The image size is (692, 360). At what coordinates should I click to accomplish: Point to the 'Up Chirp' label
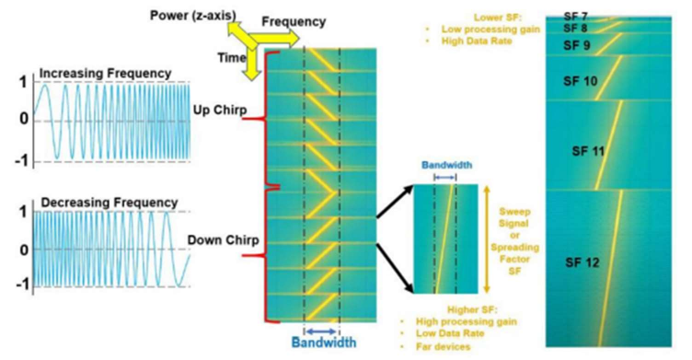point(214,111)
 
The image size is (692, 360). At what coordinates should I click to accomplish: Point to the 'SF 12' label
point(582,262)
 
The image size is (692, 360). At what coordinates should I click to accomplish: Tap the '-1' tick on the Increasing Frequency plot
point(18,163)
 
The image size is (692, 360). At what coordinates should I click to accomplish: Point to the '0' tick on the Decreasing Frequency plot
point(22,249)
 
